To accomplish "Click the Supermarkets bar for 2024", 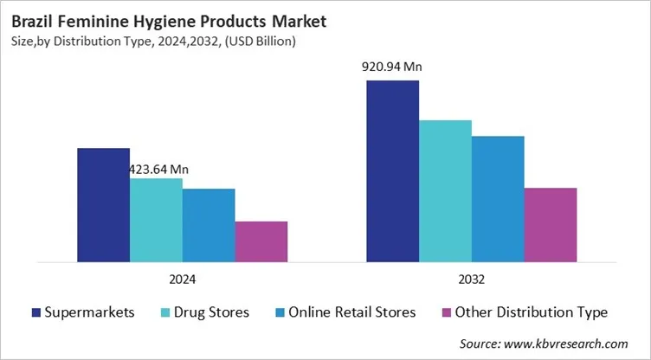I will tap(103, 204).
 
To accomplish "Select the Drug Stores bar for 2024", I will tap(156, 220).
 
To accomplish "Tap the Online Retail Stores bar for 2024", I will tap(209, 225).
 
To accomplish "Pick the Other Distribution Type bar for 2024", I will tap(261, 241).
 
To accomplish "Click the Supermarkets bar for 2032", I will tap(392, 170).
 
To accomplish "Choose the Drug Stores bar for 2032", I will tap(445, 190).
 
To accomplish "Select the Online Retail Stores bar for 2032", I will tap(498, 198).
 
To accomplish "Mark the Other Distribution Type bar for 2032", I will tap(551, 224).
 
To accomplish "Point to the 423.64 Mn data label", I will tap(158, 170).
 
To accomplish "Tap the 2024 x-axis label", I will tap(182, 280).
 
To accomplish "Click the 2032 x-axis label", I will tap(472, 280).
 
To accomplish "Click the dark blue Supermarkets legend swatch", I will tap(36, 312).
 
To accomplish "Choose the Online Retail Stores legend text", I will tap(351, 312).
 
